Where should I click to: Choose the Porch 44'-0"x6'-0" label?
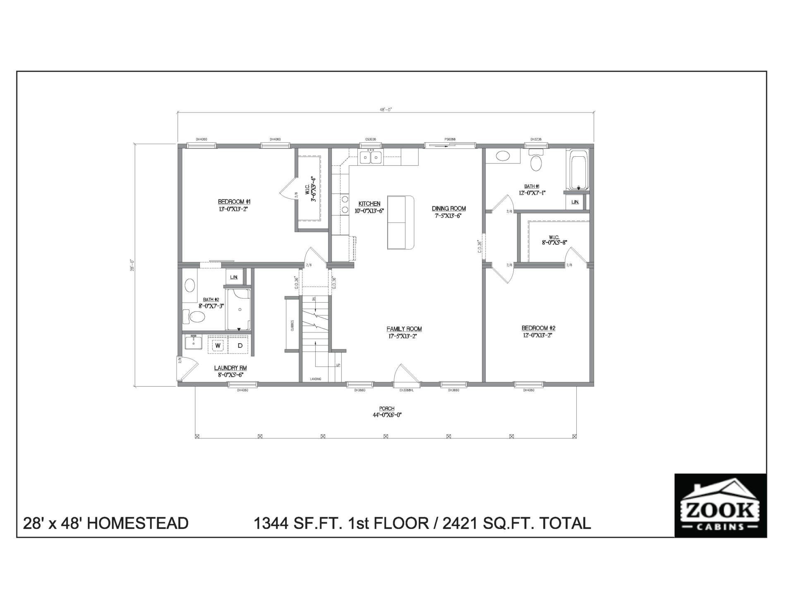387,412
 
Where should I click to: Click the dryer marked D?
240,345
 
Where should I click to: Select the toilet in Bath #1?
536,163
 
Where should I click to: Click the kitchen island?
400,222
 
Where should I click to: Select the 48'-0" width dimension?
385,110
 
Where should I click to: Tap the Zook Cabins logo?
720,505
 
